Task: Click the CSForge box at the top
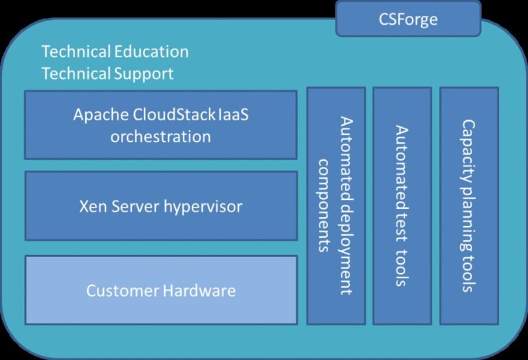point(408,19)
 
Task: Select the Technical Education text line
point(115,52)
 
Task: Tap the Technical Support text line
point(107,74)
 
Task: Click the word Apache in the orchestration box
point(98,114)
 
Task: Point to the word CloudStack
point(170,114)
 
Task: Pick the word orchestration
point(161,136)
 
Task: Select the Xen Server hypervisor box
point(161,206)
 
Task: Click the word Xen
point(93,206)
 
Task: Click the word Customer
point(122,291)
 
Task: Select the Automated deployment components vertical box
point(335,205)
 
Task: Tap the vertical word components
point(324,205)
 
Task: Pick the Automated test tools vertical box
point(402,205)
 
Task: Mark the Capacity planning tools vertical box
point(469,205)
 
